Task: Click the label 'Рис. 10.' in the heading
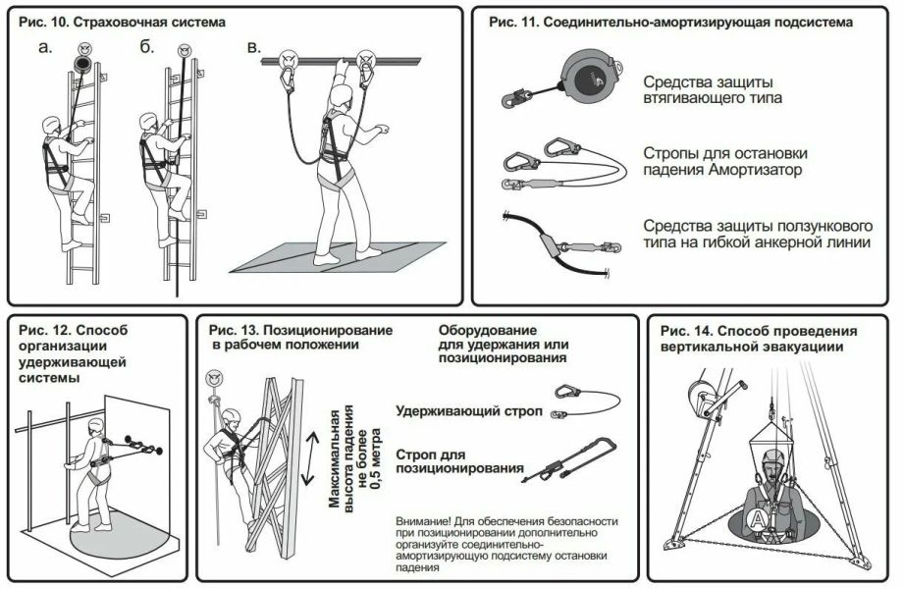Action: point(44,23)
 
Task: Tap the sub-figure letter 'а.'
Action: point(45,47)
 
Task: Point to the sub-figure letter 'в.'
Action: point(254,47)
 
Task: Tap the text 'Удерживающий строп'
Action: point(469,411)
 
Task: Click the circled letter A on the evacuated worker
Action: point(759,519)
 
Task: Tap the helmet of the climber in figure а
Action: point(52,124)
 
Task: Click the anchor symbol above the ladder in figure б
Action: point(185,50)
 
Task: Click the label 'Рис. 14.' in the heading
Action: point(685,332)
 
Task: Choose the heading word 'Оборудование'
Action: point(488,331)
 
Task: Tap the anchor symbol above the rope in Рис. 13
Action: point(215,378)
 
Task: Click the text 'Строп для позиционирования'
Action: point(459,461)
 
